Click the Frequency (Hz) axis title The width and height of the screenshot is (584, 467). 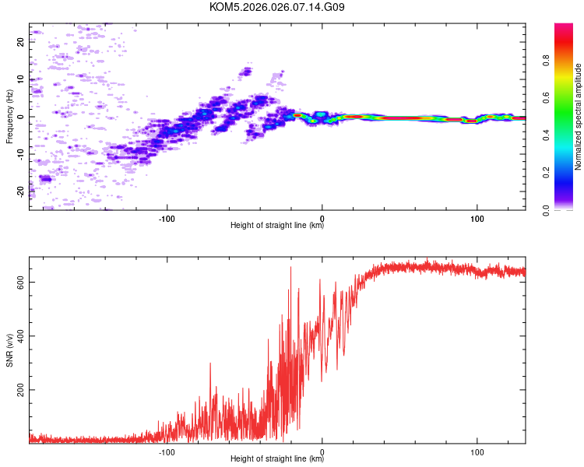(x=9, y=117)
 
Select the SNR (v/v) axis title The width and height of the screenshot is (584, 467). (x=9, y=349)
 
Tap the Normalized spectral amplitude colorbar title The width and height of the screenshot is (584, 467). (x=579, y=117)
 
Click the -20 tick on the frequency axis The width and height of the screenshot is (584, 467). (x=21, y=191)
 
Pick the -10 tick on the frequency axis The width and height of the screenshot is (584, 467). (x=21, y=154)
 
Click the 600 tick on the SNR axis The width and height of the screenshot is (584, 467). (x=21, y=282)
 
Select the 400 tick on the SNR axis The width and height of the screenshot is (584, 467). (x=21, y=335)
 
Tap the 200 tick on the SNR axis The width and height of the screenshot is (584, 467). (x=21, y=389)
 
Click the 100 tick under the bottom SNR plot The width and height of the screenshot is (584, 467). (x=476, y=451)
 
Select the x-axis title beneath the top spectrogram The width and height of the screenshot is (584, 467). (x=277, y=226)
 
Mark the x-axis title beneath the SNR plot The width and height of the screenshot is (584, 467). (x=277, y=459)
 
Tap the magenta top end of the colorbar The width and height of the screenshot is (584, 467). (x=564, y=27)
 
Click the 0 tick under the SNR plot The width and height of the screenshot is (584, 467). (x=322, y=451)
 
